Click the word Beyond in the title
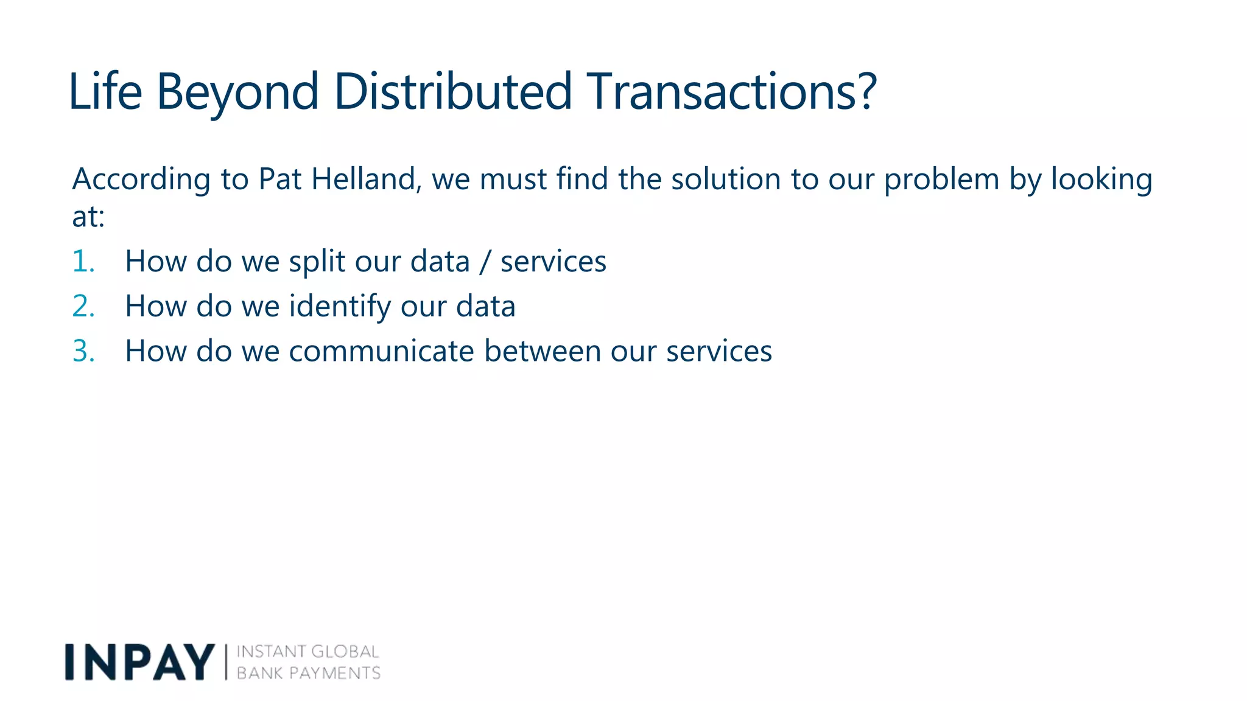237,92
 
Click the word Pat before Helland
279,180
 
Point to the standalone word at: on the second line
88,217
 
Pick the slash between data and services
485,262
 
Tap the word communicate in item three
381,351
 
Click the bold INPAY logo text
139,662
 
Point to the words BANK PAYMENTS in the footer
308,673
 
